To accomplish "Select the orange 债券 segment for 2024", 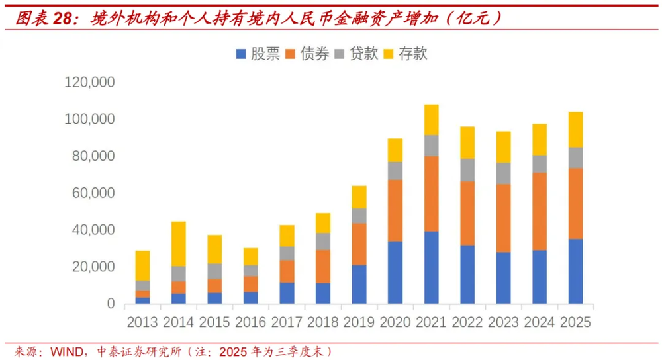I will [540, 211].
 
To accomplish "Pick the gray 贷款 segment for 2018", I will [323, 242].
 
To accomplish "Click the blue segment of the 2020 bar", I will [395, 272].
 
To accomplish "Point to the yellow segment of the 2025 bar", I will [576, 129].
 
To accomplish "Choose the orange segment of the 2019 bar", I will [359, 244].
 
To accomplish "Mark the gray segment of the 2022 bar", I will [467, 169].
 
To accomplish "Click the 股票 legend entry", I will [258, 54].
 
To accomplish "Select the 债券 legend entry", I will [307, 54].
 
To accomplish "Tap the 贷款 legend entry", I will [357, 54].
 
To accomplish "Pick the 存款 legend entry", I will [406, 54].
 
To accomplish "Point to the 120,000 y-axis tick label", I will [90, 83].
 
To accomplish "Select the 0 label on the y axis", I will [111, 304].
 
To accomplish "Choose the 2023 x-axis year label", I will [504, 323].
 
